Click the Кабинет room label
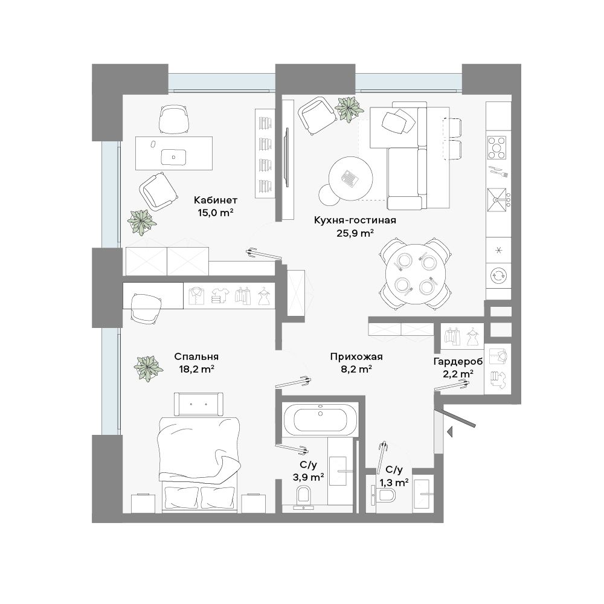pyautogui.click(x=216, y=201)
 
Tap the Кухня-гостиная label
pyautogui.click(x=355, y=220)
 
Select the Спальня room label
pyautogui.click(x=196, y=356)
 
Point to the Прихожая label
pyautogui.click(x=356, y=357)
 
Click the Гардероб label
pyautogui.click(x=458, y=361)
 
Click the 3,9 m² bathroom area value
pyautogui.click(x=308, y=478)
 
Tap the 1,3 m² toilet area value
pyautogui.click(x=394, y=482)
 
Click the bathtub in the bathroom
pyautogui.click(x=321, y=420)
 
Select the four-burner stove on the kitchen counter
pyautogui.click(x=497, y=148)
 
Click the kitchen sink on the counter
pyautogui.click(x=497, y=199)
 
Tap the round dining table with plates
pyautogui.click(x=416, y=274)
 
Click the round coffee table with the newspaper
pyautogui.click(x=350, y=178)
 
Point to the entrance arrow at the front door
pyautogui.click(x=449, y=432)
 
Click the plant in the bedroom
pyautogui.click(x=147, y=368)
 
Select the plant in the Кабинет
pyautogui.click(x=142, y=222)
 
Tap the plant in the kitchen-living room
pyautogui.click(x=349, y=109)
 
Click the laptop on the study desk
pyautogui.click(x=174, y=157)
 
